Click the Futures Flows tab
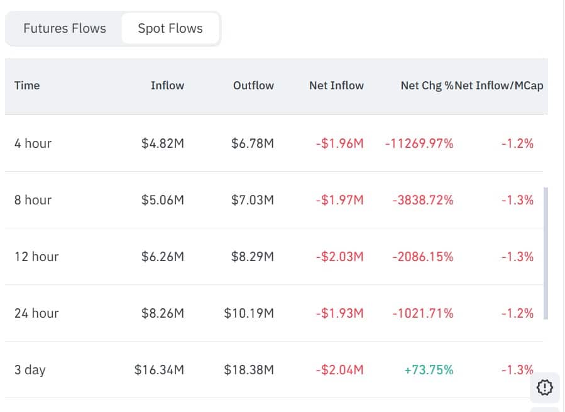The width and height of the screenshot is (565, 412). [65, 28]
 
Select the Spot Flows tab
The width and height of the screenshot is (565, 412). [170, 28]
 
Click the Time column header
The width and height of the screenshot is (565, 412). [27, 86]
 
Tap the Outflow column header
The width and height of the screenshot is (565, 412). [253, 86]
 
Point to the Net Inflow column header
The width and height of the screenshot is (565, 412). [336, 86]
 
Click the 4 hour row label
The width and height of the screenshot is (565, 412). [33, 143]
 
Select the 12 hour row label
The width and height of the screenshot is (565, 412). [36, 257]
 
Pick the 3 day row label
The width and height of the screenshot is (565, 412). [30, 370]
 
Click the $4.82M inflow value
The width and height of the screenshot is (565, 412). [163, 143]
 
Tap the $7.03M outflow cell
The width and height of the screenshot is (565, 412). [253, 200]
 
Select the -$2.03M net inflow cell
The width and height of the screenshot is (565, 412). [339, 257]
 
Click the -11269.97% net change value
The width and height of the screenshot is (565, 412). [419, 143]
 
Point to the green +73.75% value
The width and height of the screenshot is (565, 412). [429, 370]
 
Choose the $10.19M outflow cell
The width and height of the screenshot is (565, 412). [249, 313]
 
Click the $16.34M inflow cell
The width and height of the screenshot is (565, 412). [159, 370]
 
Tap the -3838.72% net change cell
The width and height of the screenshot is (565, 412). [423, 200]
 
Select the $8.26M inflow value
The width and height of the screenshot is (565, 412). [163, 313]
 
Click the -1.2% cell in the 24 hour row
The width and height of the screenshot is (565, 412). [517, 313]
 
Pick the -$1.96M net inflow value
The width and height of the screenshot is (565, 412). [339, 143]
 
